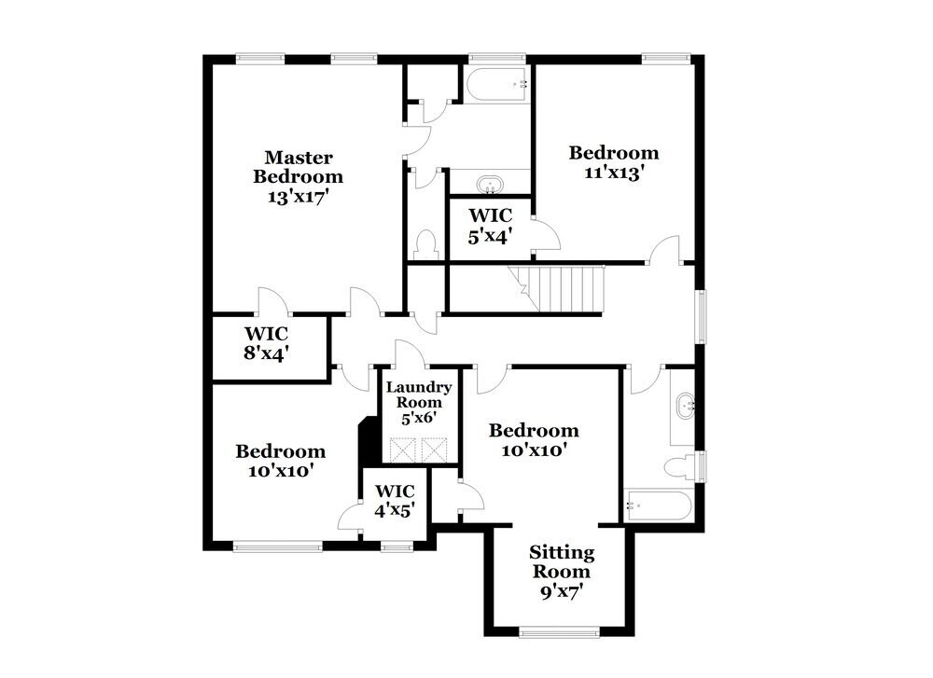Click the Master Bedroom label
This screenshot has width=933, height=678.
pos(298,166)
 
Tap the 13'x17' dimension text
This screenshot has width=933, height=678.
pos(298,197)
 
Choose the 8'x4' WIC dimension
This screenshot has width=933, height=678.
pos(267,353)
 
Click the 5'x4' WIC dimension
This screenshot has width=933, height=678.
pos(490,237)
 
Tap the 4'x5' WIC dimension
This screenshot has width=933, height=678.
pos(395,510)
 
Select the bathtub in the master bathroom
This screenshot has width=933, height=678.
pos(497,85)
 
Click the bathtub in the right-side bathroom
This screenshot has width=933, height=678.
pos(658,507)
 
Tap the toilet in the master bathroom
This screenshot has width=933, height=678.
pos(426,245)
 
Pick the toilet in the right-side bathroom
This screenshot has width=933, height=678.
pos(682,465)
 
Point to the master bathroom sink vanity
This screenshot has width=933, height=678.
pos(490,183)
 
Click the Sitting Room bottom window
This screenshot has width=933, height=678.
pos(559,634)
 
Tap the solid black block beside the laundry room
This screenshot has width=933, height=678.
pos(368,438)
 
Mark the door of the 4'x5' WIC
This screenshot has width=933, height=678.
pos(353,517)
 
